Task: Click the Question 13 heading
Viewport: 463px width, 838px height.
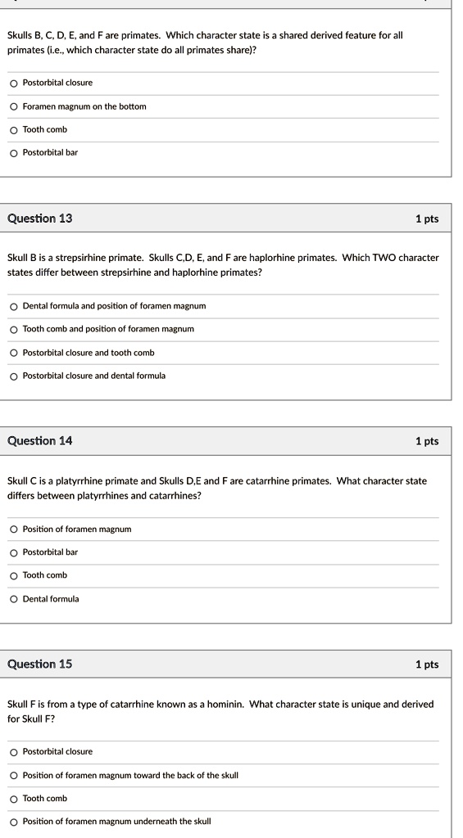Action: pos(39,219)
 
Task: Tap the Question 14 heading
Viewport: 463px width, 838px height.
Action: pos(39,441)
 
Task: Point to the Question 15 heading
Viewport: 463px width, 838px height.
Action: pos(39,664)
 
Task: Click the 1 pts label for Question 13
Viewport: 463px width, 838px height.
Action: pos(427,219)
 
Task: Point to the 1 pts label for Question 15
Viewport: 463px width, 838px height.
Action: pos(427,665)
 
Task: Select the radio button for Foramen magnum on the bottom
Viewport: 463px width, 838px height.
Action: pos(14,106)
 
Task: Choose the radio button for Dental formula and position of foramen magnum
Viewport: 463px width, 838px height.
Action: pos(14,306)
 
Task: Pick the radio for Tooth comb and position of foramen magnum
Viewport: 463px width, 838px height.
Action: pos(14,329)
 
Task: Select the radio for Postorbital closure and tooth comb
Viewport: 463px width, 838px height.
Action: pos(14,353)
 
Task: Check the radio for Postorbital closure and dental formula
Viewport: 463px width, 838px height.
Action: pos(14,376)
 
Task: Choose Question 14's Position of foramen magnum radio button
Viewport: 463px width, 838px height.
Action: pos(14,529)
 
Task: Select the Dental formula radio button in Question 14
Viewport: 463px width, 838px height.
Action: pos(14,599)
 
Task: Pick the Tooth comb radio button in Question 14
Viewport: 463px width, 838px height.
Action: pos(14,575)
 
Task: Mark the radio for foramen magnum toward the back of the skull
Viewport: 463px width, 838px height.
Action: pos(14,775)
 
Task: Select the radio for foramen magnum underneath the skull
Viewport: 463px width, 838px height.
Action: pos(14,822)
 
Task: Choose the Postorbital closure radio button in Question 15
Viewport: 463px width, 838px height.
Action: pos(14,752)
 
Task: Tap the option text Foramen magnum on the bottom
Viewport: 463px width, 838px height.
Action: pos(84,106)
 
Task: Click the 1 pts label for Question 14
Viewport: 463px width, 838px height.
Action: pos(427,441)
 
